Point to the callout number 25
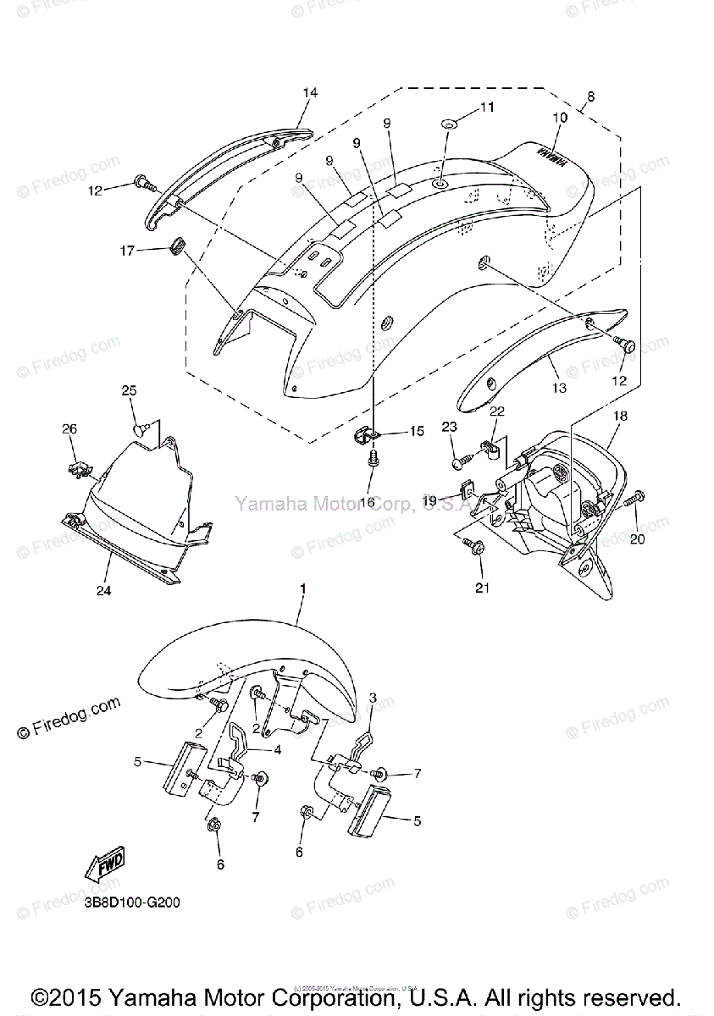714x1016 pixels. tap(129, 390)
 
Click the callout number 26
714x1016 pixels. tap(69, 429)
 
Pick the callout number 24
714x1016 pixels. tap(103, 590)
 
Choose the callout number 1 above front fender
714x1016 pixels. tap(302, 588)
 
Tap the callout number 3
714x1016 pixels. tap(372, 698)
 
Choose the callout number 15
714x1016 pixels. tap(416, 432)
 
